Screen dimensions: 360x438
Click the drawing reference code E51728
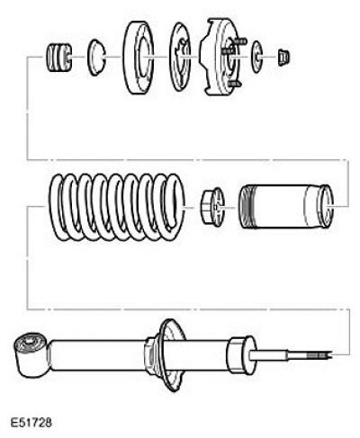coord(31,423)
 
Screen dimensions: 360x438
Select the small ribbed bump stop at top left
coord(58,58)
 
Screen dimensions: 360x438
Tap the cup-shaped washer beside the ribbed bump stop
coord(96,57)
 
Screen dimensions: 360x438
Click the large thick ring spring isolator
coord(139,57)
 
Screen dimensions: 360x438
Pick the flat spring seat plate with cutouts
coord(180,57)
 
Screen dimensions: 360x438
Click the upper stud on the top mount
coord(240,40)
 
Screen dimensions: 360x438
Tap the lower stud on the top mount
coord(234,84)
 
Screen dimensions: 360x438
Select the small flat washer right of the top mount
coord(256,57)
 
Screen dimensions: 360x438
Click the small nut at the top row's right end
coord(283,58)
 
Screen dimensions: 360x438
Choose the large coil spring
coord(117,207)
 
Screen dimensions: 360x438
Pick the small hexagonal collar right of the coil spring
coord(212,207)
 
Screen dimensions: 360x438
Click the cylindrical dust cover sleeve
coord(286,207)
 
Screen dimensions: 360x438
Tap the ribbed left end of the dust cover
coord(247,207)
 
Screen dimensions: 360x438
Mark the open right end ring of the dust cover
coord(327,206)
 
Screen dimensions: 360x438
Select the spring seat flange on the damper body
coord(169,355)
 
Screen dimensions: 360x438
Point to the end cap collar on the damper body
coord(241,355)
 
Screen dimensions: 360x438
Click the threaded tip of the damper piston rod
coord(319,355)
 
